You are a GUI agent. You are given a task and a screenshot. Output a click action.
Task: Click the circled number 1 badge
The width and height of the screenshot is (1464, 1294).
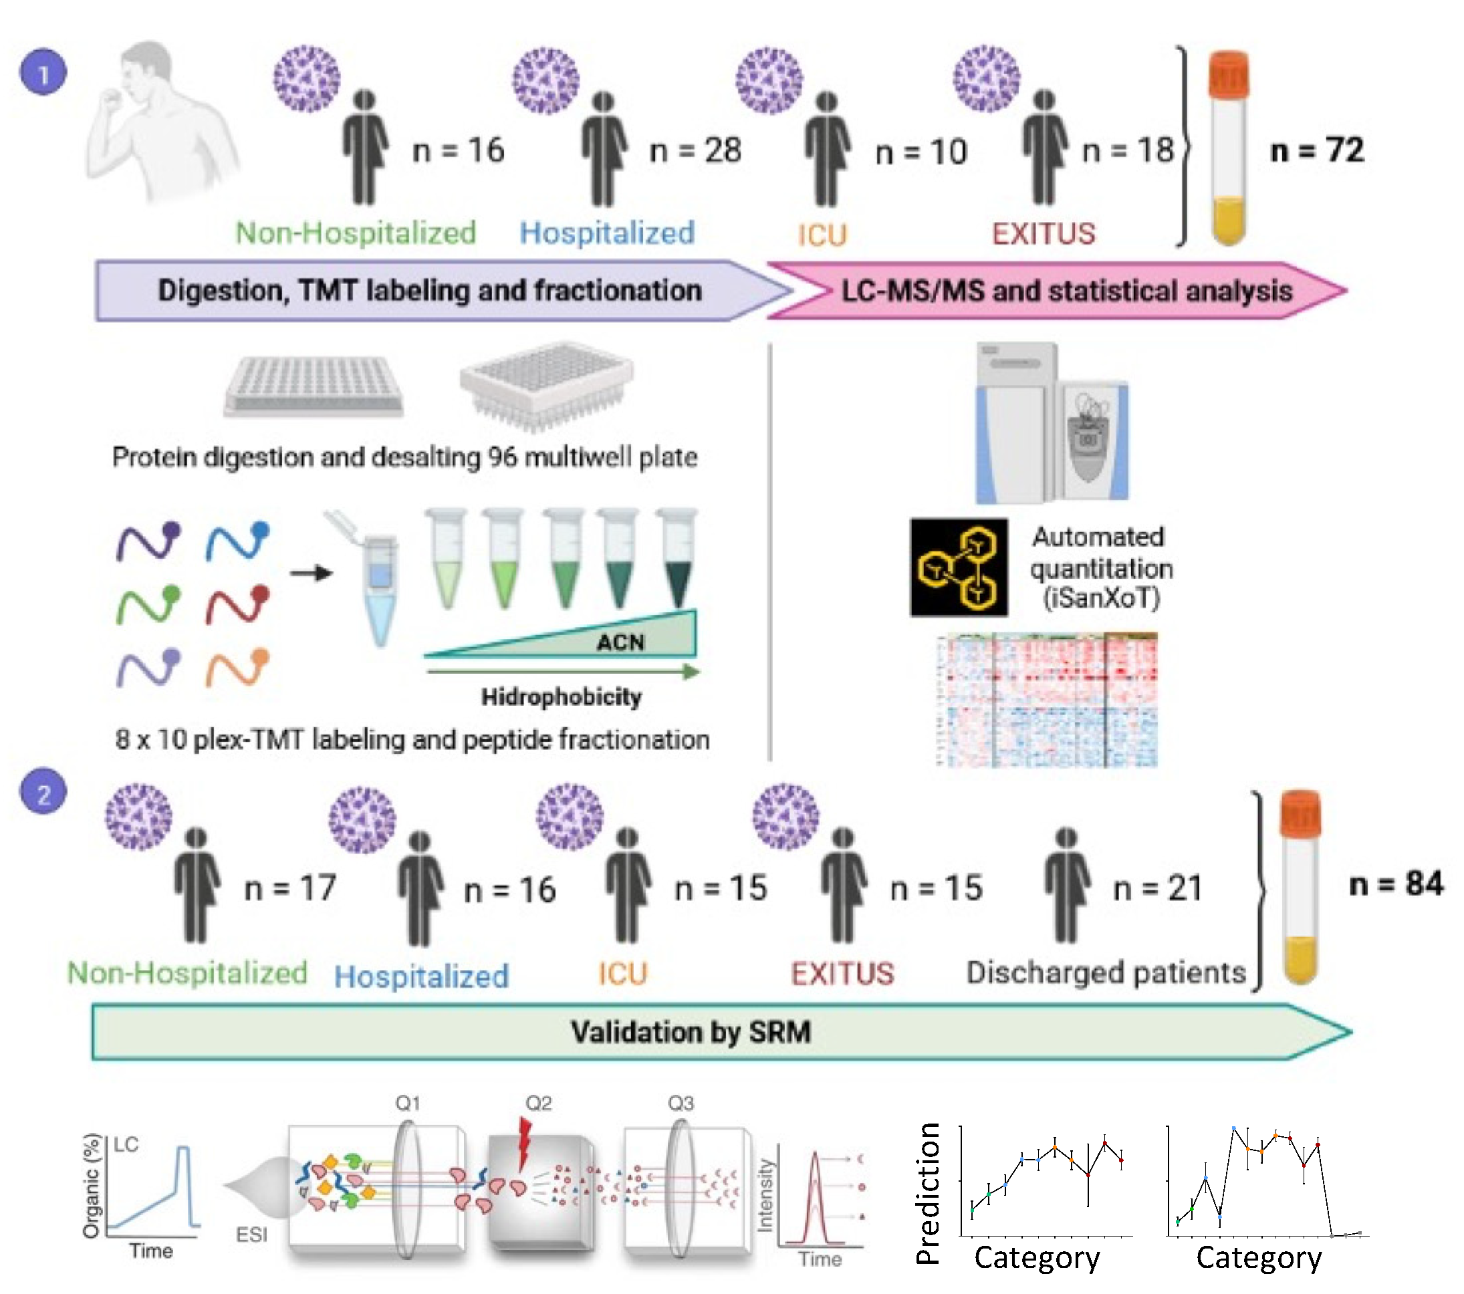43,72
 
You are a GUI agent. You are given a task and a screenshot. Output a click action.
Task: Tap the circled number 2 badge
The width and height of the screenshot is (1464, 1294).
43,793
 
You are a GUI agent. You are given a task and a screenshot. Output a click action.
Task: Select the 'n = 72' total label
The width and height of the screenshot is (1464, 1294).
1316,150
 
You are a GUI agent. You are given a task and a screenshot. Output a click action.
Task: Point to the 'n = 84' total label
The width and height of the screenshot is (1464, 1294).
1395,884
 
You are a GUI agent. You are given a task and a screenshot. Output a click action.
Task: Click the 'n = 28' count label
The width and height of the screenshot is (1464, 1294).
695,150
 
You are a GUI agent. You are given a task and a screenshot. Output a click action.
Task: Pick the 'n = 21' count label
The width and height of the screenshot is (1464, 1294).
1157,888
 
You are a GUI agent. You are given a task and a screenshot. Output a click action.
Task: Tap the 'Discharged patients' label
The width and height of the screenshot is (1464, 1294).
1106,973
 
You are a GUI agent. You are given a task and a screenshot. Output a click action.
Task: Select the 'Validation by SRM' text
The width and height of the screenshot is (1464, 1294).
691,1032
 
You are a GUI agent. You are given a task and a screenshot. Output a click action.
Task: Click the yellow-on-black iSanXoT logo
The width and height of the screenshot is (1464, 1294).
959,567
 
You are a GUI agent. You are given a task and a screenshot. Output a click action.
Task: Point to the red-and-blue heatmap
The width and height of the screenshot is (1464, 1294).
1046,700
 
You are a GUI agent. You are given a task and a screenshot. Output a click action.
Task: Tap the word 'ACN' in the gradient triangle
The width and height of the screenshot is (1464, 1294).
620,642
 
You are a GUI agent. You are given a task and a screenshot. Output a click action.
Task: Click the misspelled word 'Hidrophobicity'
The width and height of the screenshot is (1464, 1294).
561,696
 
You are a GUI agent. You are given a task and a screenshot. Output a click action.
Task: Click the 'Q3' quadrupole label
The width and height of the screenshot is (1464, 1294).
681,1104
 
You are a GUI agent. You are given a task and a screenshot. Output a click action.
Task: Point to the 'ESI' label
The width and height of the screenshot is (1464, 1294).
251,1235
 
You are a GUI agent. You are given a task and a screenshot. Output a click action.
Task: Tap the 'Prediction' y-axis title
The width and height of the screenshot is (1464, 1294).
929,1193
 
